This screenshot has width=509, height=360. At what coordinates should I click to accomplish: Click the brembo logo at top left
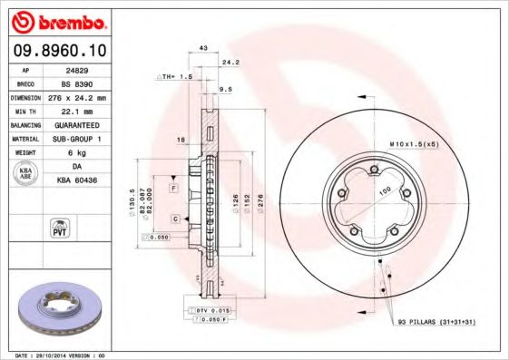tap(57, 21)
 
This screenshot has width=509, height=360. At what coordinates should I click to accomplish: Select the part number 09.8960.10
tap(56, 51)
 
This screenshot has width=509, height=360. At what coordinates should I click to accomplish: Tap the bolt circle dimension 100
tap(384, 190)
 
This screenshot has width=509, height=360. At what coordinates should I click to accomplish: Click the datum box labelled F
tap(173, 187)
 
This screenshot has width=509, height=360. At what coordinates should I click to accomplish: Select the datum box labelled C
tap(173, 219)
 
